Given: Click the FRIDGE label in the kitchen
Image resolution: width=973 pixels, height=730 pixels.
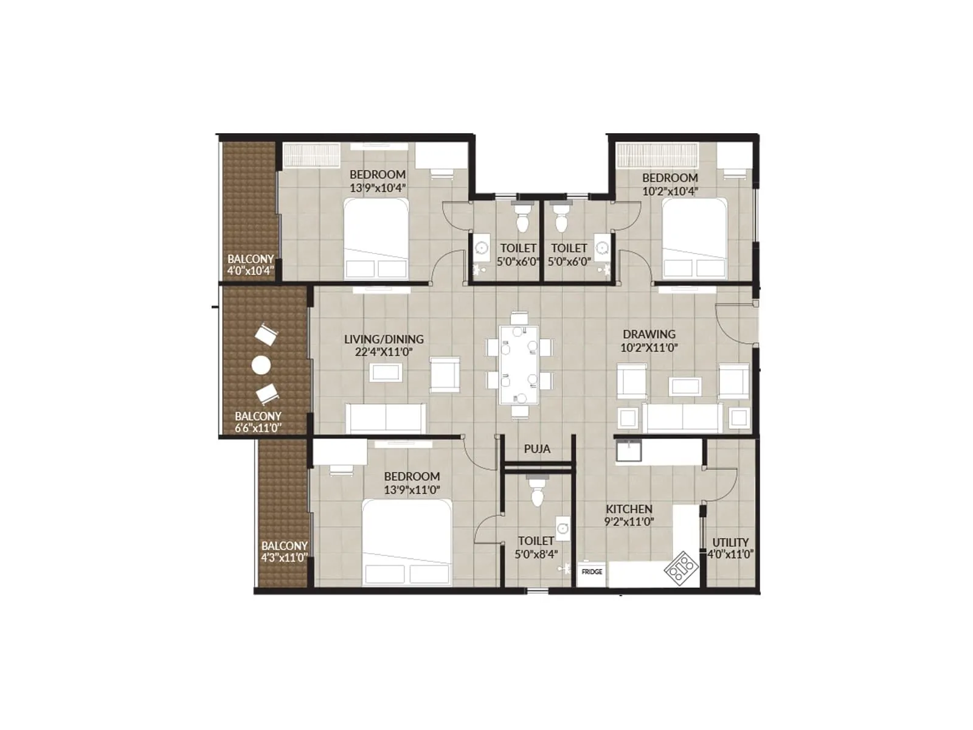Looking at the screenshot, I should (592, 572).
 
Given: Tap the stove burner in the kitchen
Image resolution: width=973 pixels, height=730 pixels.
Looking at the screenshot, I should (681, 568).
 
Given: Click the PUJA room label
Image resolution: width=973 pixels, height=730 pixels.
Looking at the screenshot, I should (537, 449).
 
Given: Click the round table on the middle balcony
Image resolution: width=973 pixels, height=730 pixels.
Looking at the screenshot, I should (261, 366).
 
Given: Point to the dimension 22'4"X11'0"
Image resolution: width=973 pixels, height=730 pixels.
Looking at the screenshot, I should (384, 352).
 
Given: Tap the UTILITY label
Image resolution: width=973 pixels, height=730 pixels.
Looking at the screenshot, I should (730, 542).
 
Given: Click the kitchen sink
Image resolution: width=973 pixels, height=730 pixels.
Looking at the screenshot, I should (628, 451).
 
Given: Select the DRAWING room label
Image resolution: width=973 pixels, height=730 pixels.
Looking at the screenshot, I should (649, 334).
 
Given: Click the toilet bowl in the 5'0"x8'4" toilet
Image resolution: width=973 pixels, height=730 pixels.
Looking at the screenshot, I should (536, 494).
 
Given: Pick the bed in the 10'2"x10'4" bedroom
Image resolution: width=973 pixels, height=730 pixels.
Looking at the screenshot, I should (694, 238).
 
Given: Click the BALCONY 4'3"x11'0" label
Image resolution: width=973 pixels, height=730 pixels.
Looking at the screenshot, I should (284, 552).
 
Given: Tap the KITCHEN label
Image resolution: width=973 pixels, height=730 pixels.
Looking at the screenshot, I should (629, 509).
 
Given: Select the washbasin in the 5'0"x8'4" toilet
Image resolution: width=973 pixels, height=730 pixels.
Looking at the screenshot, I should (563, 529).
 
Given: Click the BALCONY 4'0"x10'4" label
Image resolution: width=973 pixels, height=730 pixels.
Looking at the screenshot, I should (251, 265).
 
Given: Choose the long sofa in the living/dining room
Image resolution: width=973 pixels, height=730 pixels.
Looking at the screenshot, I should (386, 418).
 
